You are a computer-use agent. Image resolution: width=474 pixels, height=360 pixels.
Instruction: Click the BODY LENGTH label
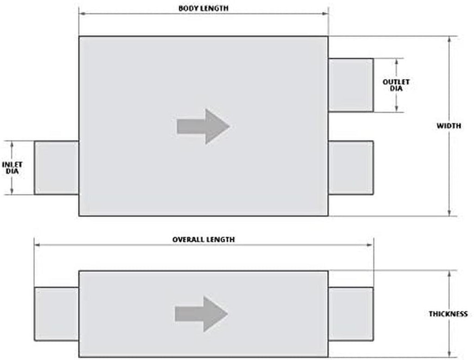tap(204, 8)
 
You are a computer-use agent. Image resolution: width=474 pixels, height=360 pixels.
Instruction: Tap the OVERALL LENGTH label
tap(204, 240)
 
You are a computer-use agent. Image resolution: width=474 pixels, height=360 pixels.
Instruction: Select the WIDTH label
tap(449, 126)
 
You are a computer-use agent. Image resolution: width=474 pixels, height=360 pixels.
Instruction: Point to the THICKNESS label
tap(448, 314)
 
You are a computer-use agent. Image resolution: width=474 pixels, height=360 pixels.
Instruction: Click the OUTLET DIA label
tap(396, 85)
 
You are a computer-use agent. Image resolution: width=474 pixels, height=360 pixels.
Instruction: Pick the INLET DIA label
tap(12, 168)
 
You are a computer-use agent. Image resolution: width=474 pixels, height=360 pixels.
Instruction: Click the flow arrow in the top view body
tap(204, 126)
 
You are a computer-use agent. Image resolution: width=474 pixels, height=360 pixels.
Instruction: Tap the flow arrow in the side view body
tap(201, 314)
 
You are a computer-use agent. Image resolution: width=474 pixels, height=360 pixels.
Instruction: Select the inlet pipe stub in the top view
tap(56, 168)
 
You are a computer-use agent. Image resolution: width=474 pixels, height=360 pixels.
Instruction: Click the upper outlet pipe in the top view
tap(351, 85)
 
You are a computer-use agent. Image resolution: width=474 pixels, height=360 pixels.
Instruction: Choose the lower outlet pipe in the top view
tap(351, 168)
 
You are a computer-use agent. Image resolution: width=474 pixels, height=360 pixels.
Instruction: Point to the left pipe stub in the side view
tap(56, 314)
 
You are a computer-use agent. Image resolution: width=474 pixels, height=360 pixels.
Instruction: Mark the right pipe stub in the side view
tap(351, 314)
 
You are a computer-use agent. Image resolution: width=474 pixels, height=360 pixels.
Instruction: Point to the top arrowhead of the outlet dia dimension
tap(397, 62)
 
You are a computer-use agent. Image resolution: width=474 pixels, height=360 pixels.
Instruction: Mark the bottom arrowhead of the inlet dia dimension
tap(12, 191)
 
